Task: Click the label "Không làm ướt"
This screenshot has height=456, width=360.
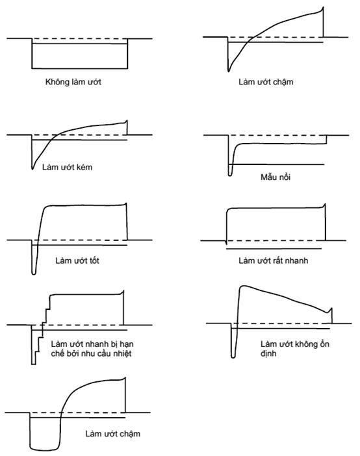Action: point(73,82)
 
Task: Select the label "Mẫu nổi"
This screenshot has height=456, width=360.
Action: point(276,177)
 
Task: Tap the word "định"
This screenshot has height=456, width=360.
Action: point(268,353)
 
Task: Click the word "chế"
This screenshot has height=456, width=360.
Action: point(58,353)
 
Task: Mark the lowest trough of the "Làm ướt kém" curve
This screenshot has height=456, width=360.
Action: point(32,169)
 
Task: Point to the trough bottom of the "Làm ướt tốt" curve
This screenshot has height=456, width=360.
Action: point(34,273)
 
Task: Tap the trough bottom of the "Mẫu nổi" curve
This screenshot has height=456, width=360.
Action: point(230,175)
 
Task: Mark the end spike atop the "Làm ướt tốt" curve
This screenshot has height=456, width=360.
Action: point(125,203)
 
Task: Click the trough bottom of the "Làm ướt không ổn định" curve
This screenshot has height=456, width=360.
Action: point(233,357)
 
